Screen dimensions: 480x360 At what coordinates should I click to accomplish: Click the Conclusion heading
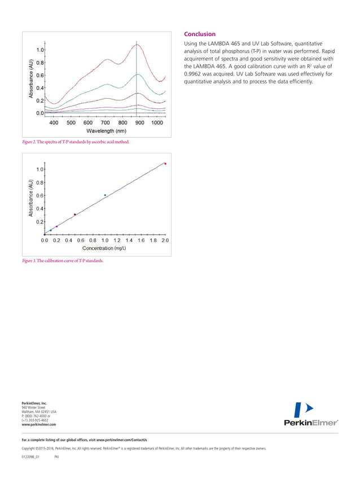tap(197, 34)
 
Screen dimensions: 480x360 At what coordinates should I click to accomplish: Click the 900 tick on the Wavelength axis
tap(139, 122)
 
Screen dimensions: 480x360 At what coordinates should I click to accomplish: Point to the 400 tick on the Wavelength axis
tap(54, 122)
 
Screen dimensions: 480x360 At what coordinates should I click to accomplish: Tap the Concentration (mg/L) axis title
tap(104, 248)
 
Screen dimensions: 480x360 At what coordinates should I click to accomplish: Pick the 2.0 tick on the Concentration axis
tap(165, 240)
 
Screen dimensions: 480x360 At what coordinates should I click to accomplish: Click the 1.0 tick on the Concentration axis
tap(104, 240)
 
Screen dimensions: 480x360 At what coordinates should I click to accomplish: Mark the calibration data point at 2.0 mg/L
tap(165, 164)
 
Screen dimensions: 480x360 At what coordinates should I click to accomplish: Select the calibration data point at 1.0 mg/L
tap(105, 195)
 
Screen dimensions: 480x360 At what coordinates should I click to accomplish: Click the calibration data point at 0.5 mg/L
tap(75, 214)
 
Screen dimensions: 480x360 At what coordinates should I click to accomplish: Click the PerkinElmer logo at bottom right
tap(311, 415)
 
